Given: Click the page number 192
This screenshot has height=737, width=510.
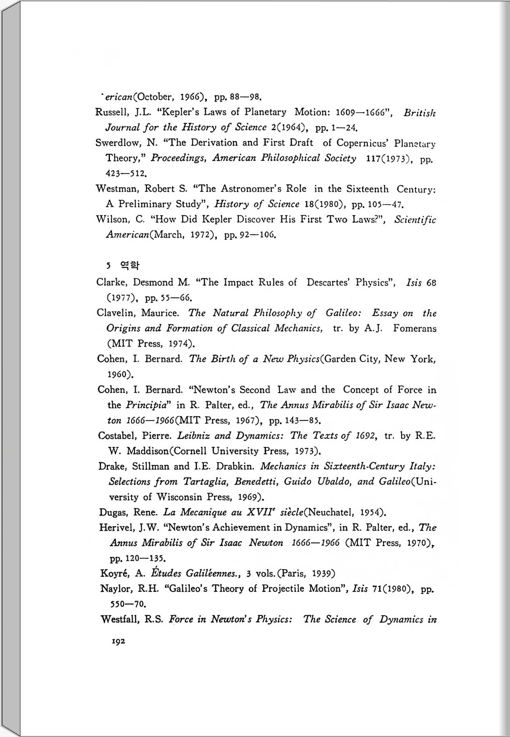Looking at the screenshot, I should pos(118,641).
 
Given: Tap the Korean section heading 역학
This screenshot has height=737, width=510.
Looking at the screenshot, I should pos(130,266).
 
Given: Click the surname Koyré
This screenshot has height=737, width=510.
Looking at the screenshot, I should pos(115,573).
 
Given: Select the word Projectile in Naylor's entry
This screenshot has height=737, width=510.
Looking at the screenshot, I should pos(283,589).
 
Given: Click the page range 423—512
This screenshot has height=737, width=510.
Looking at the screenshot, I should pos(126,173).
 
